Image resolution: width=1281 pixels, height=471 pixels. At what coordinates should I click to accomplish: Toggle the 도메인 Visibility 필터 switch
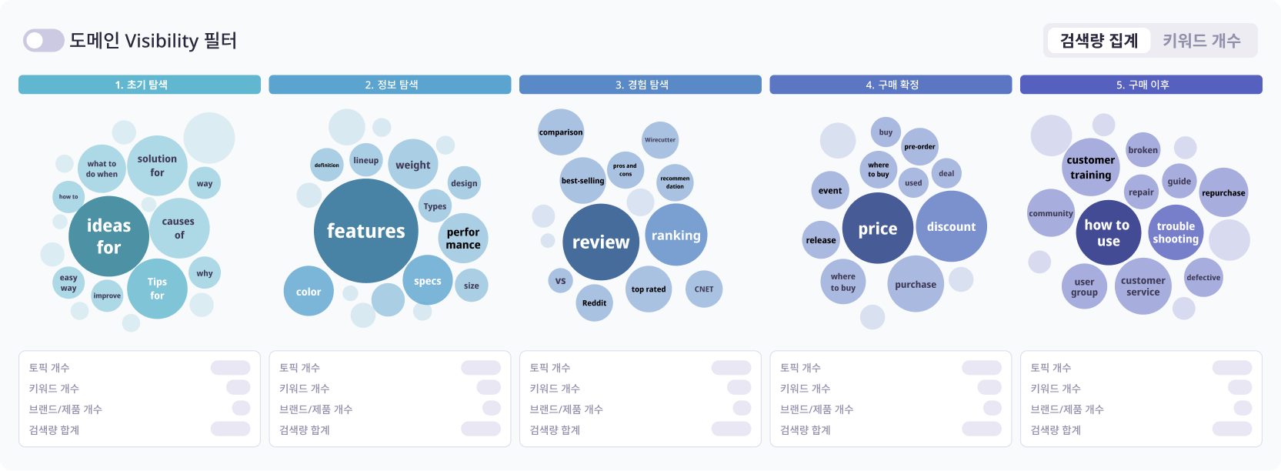[x=43, y=41]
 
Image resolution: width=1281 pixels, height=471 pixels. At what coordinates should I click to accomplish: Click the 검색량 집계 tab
[x=1099, y=41]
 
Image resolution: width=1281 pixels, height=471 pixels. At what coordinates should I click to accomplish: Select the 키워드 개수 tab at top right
[x=1201, y=41]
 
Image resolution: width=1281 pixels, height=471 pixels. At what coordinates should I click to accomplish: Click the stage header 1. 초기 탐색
[x=140, y=85]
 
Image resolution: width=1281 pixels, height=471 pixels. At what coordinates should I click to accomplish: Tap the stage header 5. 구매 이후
[x=1142, y=85]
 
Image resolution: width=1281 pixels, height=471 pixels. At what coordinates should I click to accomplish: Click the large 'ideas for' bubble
[x=108, y=236]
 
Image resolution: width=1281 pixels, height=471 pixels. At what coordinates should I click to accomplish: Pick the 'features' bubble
[x=366, y=231]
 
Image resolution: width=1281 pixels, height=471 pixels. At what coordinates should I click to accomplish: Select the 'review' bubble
[x=601, y=242]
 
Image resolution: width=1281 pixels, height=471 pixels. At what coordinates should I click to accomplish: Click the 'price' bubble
[x=878, y=229]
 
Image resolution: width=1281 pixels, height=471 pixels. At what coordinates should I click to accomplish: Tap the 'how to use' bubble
[x=1108, y=233]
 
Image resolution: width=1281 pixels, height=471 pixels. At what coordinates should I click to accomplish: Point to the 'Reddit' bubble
[x=594, y=302]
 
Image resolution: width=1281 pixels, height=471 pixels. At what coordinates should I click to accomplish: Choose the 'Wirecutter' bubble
[x=660, y=140]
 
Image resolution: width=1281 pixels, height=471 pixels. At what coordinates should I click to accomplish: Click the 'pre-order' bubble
[x=920, y=146]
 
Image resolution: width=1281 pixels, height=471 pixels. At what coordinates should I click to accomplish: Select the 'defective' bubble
[x=1203, y=278]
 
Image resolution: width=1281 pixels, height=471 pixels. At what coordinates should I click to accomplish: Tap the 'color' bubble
[x=309, y=292]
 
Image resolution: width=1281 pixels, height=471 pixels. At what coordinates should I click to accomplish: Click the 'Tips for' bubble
[x=157, y=289]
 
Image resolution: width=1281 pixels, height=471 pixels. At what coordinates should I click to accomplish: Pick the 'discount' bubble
[x=951, y=227]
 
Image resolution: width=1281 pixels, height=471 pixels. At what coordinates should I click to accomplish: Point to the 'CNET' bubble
[x=704, y=289]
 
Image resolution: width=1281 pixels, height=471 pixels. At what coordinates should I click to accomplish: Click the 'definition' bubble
[x=327, y=165]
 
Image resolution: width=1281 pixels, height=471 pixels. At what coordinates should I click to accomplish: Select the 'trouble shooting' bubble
[x=1176, y=232]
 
